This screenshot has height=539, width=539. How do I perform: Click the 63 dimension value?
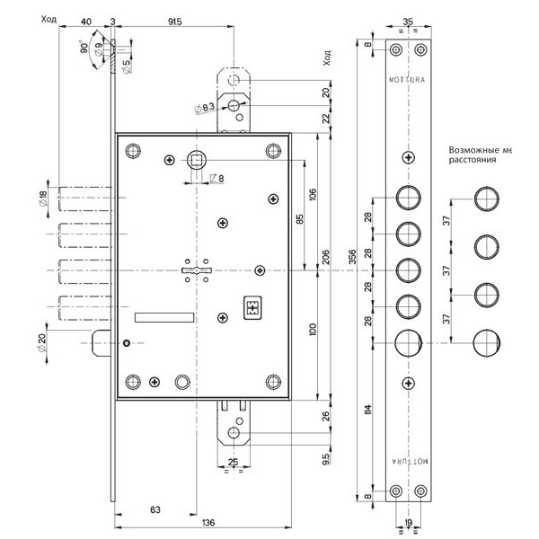point(155,509)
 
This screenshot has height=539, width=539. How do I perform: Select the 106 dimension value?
point(313,195)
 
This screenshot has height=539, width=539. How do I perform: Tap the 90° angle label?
point(85,49)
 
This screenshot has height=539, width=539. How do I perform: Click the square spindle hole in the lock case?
point(196,161)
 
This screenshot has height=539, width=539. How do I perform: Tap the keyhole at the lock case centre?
point(195,270)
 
